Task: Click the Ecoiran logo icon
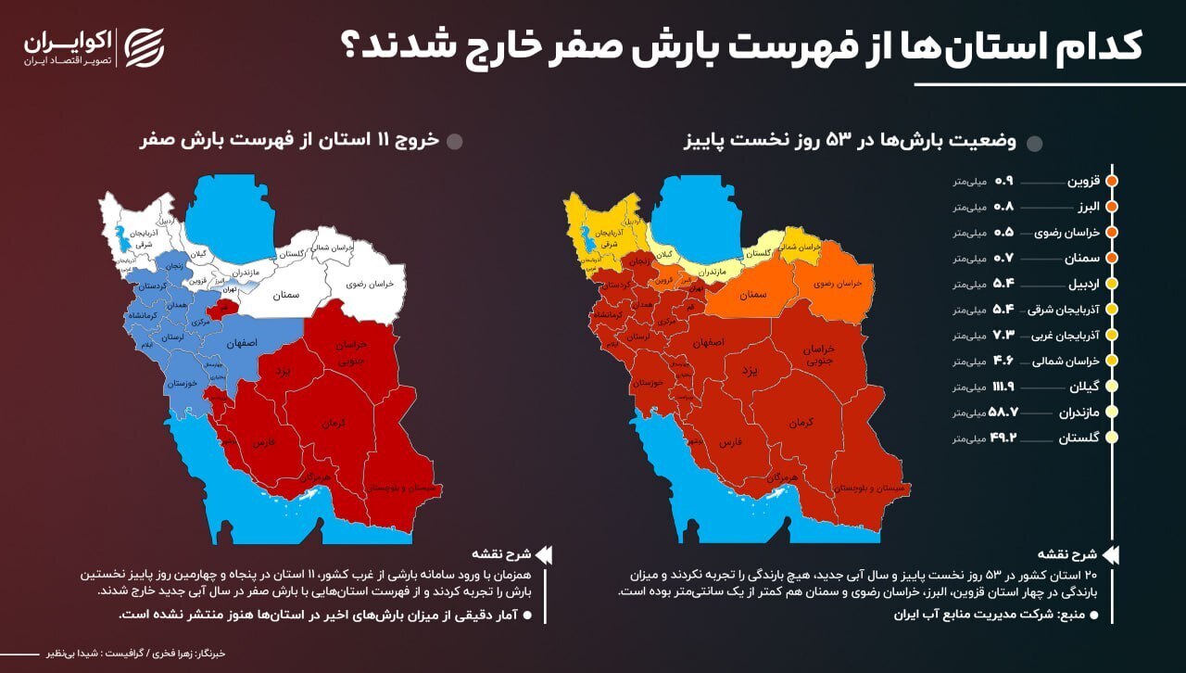(145, 47)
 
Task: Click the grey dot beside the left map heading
(455, 142)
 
